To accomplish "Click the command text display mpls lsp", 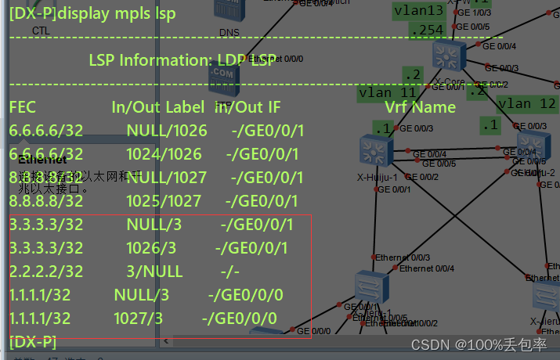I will (118, 13).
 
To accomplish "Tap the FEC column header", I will (23, 107).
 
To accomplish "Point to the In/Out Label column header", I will (157, 107).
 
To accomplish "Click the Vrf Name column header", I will (420, 107).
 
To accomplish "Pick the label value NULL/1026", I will (167, 131).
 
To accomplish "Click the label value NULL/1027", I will (167, 178).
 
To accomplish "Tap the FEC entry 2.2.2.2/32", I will (46, 272).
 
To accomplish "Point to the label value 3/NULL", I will (154, 272).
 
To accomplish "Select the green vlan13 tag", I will (418, 10).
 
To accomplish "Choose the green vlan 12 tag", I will (526, 103).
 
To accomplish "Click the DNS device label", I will (228, 32).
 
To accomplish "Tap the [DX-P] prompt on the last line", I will (32, 342).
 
